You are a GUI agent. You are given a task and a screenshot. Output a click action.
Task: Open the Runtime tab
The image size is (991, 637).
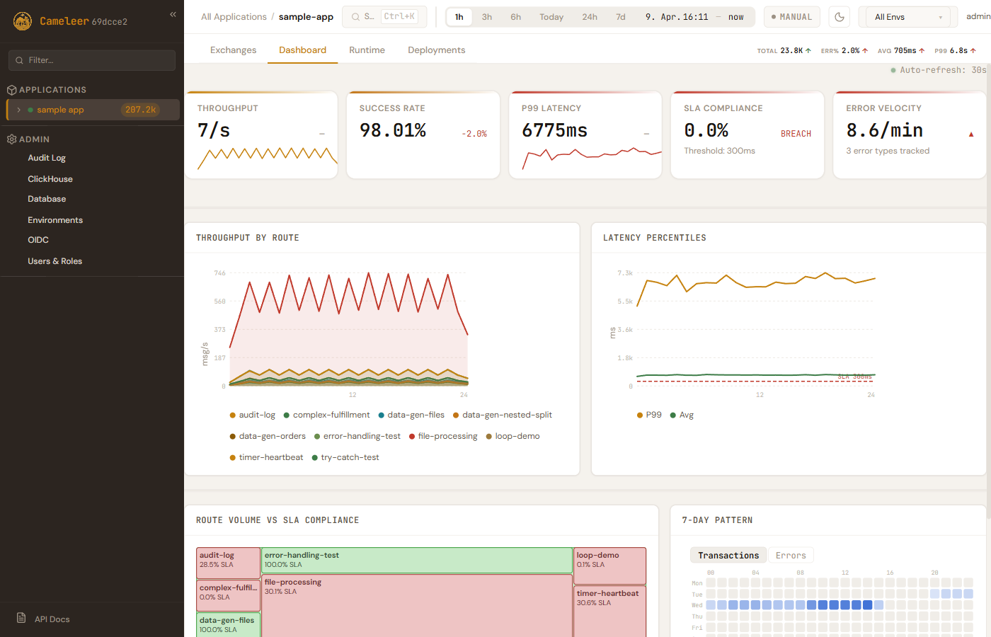(x=367, y=50)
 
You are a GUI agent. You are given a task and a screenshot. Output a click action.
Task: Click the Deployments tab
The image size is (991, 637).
(x=436, y=50)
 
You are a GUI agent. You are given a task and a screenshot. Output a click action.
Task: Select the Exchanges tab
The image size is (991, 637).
(x=233, y=50)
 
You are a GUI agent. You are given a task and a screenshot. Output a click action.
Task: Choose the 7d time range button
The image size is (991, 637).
(x=620, y=17)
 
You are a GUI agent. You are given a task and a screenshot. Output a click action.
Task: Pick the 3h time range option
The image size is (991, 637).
(x=487, y=17)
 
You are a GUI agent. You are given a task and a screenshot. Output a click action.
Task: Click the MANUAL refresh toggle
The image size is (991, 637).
(x=791, y=17)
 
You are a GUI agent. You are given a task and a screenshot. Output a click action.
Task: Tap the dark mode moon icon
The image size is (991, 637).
(x=840, y=17)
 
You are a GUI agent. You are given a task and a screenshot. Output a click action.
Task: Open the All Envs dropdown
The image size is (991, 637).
(x=908, y=17)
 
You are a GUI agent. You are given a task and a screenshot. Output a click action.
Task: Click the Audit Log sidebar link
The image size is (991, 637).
(x=47, y=158)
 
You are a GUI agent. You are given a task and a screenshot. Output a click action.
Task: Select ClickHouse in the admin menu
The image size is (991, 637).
(x=50, y=179)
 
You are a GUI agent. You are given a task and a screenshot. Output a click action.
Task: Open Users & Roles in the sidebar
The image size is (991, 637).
(x=55, y=261)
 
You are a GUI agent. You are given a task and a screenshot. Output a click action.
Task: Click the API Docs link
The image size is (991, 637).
(x=52, y=619)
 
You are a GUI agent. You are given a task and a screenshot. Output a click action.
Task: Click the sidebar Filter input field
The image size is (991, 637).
(x=92, y=60)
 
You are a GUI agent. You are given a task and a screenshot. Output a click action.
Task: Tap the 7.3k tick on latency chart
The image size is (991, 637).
(x=625, y=273)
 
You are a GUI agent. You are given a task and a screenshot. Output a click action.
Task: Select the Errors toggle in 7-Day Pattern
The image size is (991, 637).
(x=791, y=556)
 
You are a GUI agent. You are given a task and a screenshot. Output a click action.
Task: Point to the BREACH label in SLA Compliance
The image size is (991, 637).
(x=796, y=134)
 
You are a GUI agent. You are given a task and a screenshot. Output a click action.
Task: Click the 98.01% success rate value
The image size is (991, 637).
(x=393, y=130)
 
